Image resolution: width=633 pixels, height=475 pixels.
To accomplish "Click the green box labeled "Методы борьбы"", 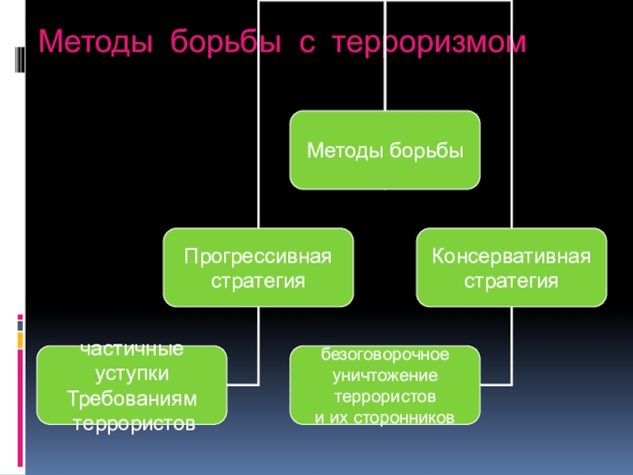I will point(385,150).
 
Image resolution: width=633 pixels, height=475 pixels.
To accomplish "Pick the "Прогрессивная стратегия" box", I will point(258,268).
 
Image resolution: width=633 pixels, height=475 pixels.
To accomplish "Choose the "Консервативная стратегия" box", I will point(511,268).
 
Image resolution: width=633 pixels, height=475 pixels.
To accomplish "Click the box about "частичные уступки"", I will point(131,385).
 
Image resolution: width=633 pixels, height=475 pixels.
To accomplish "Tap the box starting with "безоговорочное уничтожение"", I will point(385,385).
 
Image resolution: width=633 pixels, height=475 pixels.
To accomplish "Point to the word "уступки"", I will point(131,372).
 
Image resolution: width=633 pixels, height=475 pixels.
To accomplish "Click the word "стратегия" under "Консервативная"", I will point(511,280).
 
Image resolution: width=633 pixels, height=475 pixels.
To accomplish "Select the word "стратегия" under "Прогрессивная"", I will point(258,280).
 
